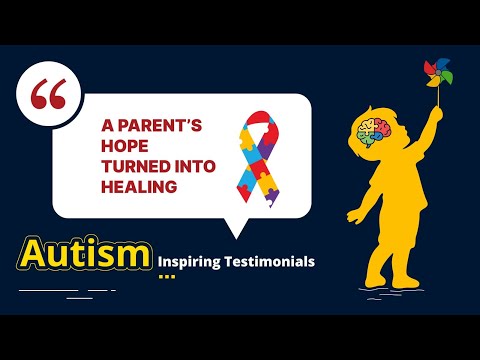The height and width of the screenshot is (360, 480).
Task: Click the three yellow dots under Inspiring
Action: point(166,277)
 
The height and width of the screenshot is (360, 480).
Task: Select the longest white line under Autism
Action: point(49,289)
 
